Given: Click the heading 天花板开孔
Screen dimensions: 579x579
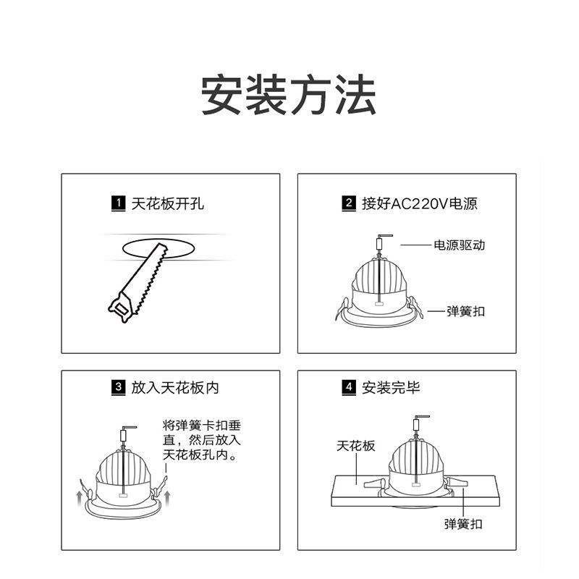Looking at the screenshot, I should coord(167,203).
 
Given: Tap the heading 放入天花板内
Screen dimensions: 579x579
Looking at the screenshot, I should coord(174,388).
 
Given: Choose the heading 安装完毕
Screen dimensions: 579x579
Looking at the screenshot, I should coord(391,388).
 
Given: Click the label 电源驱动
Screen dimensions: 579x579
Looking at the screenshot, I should coord(459,245).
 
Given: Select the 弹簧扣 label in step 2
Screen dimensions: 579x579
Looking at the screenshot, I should coord(465,311).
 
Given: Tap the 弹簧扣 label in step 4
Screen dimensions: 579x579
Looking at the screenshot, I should coord(463,523).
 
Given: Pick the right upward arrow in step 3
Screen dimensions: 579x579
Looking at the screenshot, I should coord(168,496).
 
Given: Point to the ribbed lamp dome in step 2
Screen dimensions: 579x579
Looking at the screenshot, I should coord(379,275).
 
